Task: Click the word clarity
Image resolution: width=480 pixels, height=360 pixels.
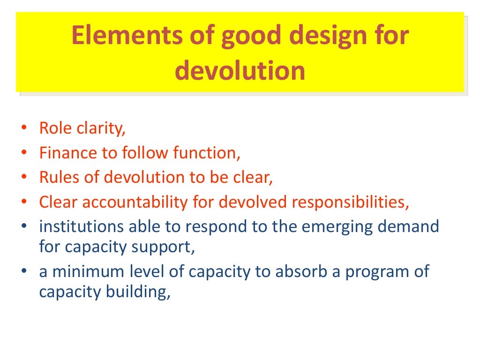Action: [100, 128]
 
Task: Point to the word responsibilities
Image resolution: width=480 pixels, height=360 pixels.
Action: [346, 202]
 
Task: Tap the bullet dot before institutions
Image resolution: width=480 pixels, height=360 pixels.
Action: [24, 227]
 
